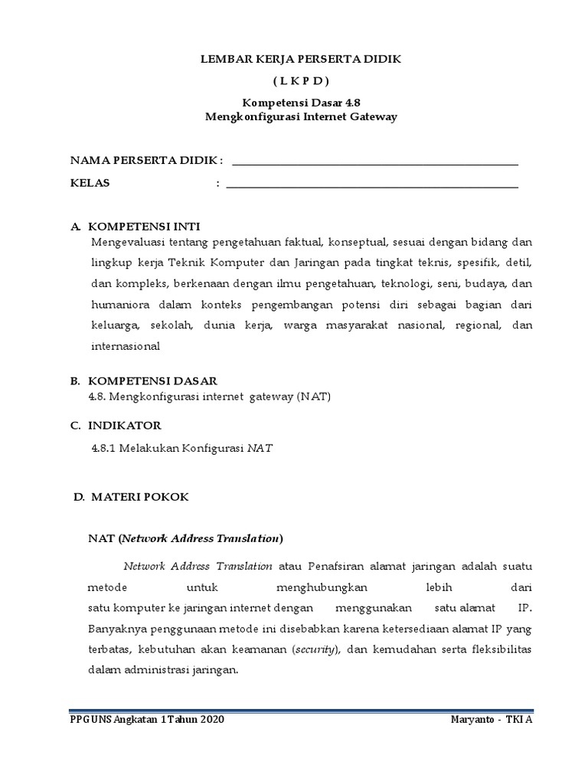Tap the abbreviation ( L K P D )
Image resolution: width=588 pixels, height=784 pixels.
click(299, 80)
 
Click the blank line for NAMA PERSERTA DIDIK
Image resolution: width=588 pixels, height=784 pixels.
click(374, 163)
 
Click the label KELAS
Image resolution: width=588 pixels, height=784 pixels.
click(90, 183)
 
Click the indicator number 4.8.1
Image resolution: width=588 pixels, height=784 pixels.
click(103, 449)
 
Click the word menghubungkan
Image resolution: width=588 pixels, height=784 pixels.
click(322, 587)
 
